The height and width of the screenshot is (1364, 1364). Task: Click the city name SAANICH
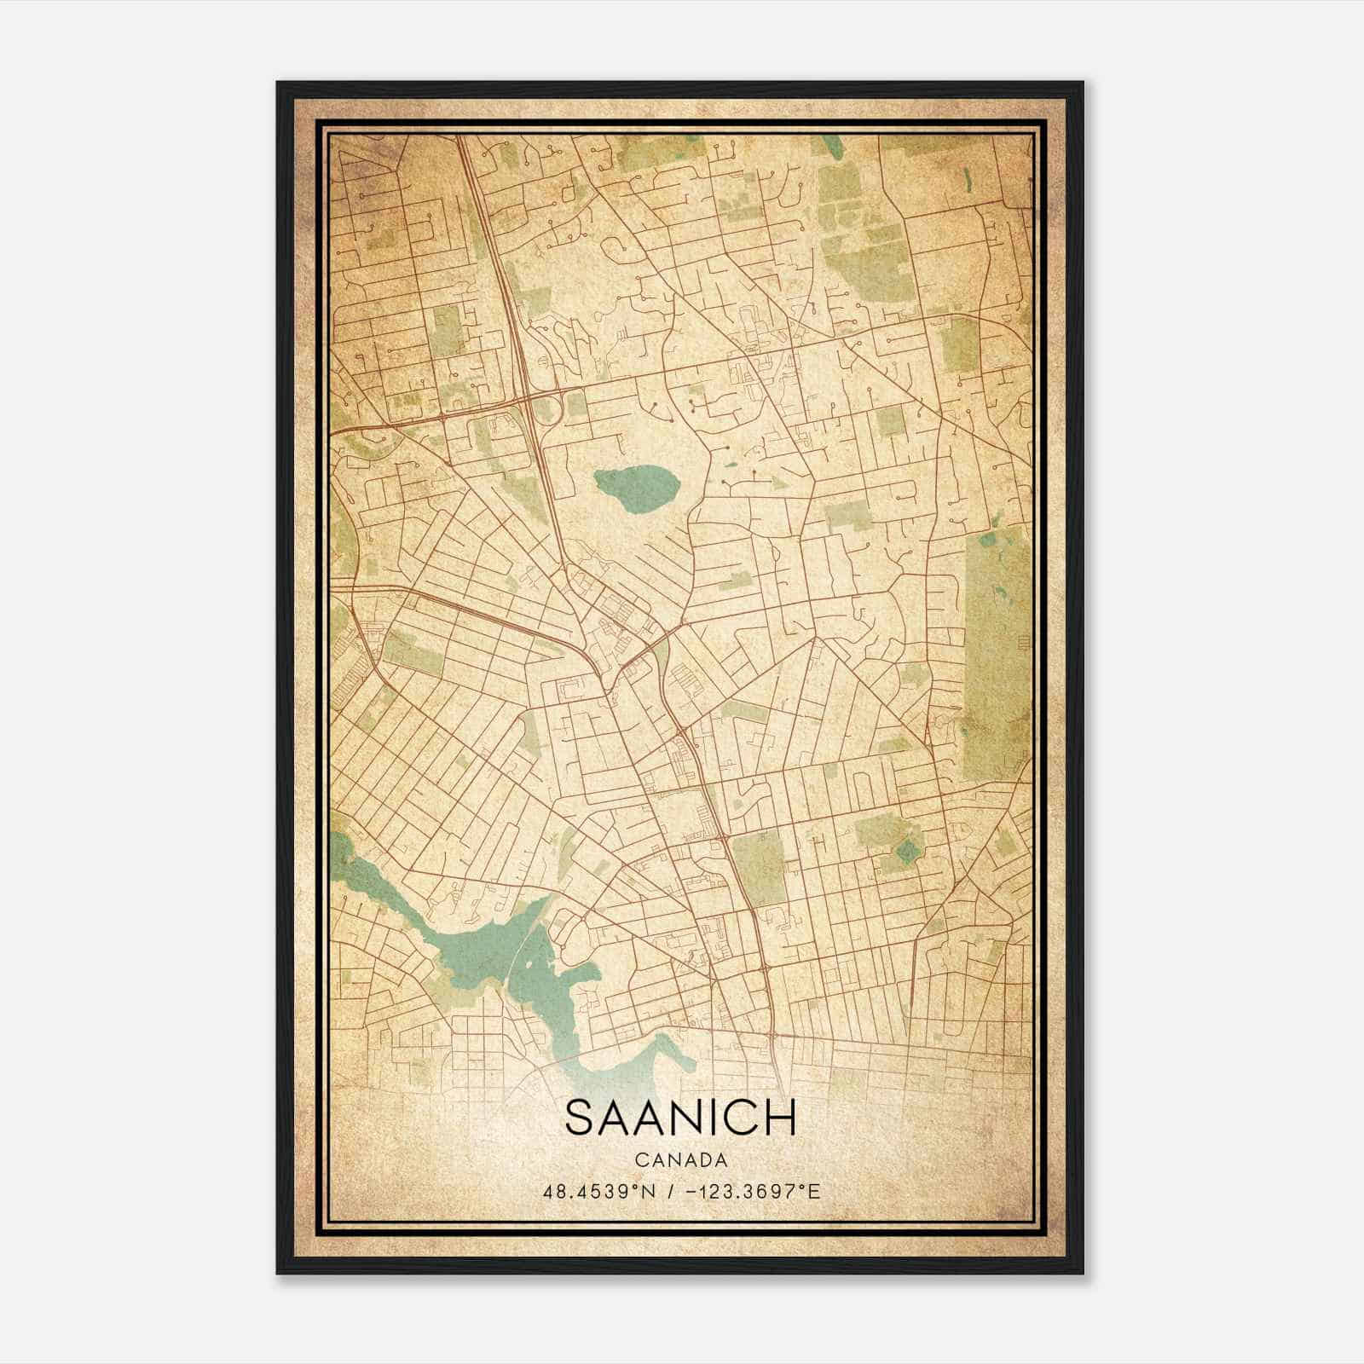(x=679, y=1118)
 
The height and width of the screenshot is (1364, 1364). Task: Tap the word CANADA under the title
(x=680, y=1160)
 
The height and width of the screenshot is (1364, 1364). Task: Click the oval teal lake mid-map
(x=637, y=488)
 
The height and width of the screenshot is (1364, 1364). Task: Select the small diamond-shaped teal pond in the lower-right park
(x=910, y=850)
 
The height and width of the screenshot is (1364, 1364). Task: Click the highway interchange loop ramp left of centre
(x=551, y=410)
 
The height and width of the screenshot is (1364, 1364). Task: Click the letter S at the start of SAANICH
(x=581, y=1118)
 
